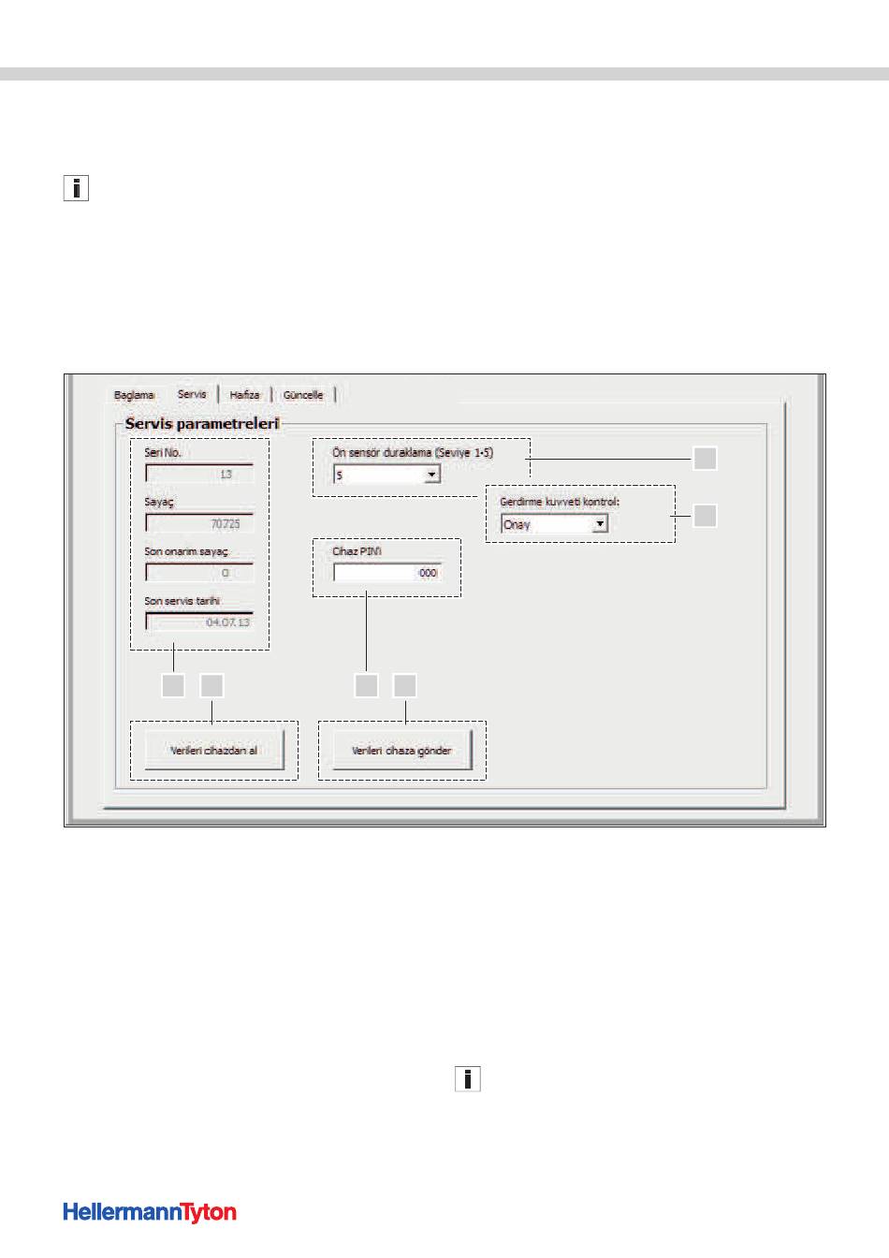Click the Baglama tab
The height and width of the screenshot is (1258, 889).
pos(134,395)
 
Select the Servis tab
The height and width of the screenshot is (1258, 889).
pos(192,394)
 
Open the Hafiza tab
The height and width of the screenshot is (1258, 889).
pos(244,395)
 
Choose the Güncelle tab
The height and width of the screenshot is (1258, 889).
pos(303,395)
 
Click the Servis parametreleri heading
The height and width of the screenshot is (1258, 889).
pos(202,423)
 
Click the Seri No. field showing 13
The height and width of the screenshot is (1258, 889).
pos(199,474)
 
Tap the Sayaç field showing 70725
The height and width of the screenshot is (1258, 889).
pos(199,523)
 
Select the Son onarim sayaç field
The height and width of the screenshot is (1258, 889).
pos(199,573)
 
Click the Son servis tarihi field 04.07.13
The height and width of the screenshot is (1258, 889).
pos(199,622)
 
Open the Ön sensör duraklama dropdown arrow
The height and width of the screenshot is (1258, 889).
pos(431,475)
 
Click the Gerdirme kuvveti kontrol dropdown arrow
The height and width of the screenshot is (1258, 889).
pos(600,524)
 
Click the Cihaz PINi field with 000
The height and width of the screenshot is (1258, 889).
pos(387,573)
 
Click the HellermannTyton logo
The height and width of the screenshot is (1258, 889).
pos(150,1212)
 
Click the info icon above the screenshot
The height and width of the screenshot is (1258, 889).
pos(76,188)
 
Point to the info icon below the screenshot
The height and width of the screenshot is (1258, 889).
pos(468,1079)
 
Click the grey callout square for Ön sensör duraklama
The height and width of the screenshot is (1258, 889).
pos(705,459)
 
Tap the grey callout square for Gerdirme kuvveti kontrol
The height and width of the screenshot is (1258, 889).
pos(705,516)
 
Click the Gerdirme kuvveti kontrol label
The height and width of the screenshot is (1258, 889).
pos(560,502)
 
